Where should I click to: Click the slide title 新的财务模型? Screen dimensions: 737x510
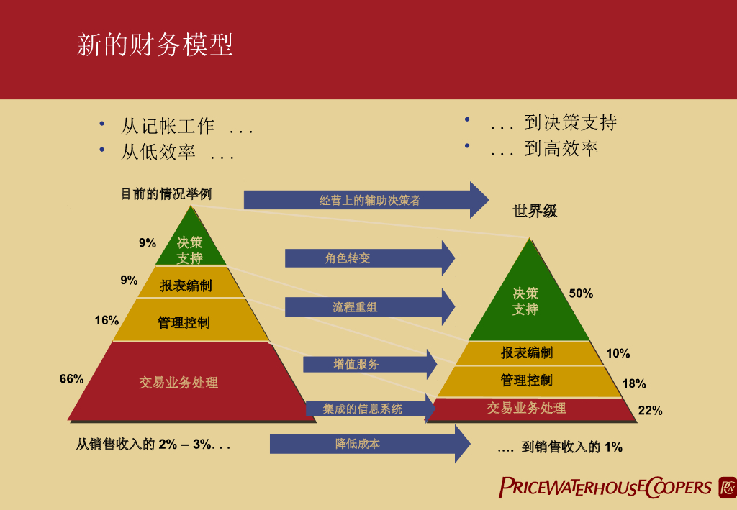coord(155,45)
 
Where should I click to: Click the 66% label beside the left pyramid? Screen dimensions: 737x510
coord(71,379)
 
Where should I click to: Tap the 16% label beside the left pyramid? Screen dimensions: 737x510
coord(107,320)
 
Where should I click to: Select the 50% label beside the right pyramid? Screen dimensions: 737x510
coord(581,293)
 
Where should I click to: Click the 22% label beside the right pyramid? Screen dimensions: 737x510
coord(650,411)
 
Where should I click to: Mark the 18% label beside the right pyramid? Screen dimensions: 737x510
coord(634,384)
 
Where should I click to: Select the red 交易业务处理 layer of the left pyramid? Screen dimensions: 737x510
coord(178,382)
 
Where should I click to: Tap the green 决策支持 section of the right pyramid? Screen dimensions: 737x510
coord(526,301)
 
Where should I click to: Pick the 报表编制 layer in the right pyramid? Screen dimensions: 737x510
coord(527,352)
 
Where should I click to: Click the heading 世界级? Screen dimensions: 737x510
coord(535,211)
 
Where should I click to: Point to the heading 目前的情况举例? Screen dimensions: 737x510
coord(166,194)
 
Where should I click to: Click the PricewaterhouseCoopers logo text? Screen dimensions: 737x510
coord(605,487)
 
